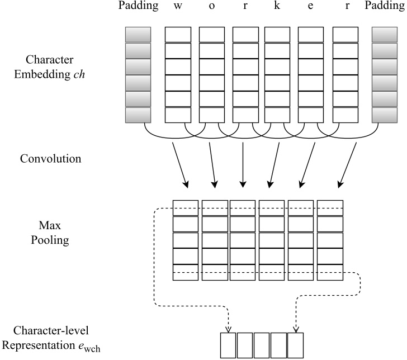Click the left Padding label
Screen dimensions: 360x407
136,7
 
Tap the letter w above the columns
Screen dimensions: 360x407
177,8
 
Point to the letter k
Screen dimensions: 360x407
276,7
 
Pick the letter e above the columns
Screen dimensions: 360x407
310,8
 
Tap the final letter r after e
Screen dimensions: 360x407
345,8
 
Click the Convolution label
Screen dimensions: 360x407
51,159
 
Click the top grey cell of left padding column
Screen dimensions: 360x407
138,35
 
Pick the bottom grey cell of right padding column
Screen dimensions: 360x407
385,115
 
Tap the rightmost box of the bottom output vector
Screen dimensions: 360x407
295,345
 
